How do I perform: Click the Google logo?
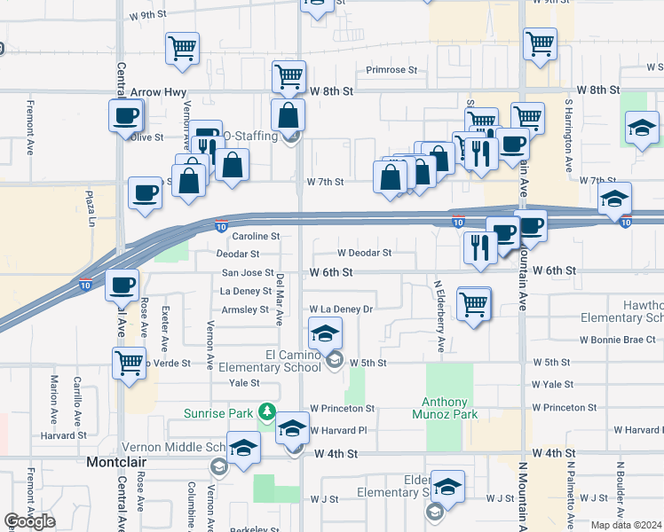click(x=29, y=521)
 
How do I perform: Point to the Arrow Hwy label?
click(x=158, y=91)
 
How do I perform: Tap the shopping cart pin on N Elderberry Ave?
click(x=474, y=304)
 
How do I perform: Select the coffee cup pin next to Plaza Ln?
click(x=146, y=192)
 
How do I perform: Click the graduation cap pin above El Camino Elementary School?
click(x=325, y=334)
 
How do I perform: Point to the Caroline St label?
click(x=257, y=237)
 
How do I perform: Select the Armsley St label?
click(x=245, y=309)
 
